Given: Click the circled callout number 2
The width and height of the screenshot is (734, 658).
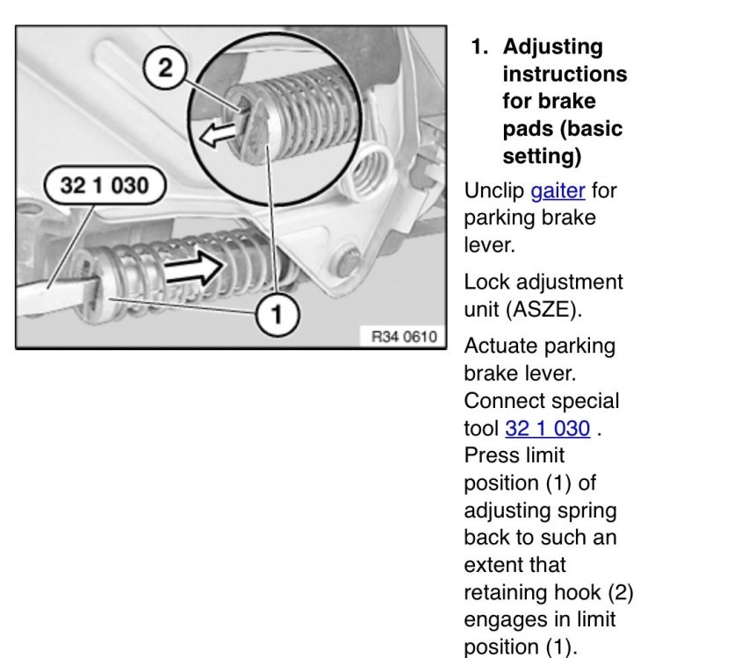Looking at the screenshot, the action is (165, 68).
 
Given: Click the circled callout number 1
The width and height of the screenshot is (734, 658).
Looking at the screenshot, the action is (277, 314).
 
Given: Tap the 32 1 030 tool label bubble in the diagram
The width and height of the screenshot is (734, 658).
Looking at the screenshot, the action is (104, 185).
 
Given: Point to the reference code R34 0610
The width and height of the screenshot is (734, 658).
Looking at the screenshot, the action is (404, 336).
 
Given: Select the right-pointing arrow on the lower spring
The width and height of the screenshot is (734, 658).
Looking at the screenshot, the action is (194, 268).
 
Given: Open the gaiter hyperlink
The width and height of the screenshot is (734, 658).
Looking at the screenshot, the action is (558, 190).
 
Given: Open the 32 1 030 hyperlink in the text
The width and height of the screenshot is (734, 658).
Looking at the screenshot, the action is (547, 428).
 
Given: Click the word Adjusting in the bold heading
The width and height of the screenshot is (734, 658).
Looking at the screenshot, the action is (553, 47).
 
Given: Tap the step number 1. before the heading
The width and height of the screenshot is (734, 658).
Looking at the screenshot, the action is (479, 46).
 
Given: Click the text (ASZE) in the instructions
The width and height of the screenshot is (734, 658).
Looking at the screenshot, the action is (544, 310).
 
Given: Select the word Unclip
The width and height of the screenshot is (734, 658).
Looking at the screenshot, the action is (493, 190).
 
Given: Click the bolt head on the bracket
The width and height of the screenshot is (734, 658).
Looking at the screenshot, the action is (347, 264).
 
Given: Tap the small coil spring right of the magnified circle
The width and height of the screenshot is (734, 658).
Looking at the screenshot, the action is (372, 171).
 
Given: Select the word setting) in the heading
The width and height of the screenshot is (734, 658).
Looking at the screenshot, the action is (542, 157).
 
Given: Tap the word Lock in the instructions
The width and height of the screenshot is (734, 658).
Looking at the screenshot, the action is (486, 282).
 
